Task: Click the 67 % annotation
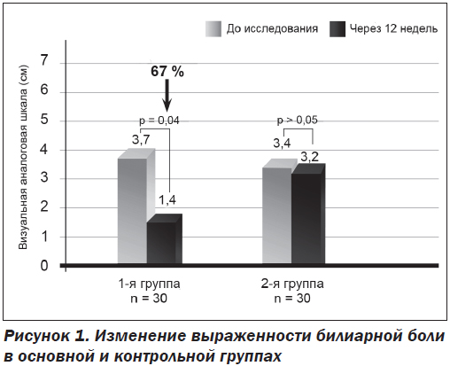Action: pyautogui.click(x=167, y=72)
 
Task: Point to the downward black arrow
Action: pyautogui.click(x=167, y=95)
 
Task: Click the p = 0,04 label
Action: pyautogui.click(x=159, y=121)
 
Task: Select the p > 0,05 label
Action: pyautogui.click(x=298, y=121)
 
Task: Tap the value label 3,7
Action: pyautogui.click(x=141, y=140)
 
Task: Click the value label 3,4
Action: pyautogui.click(x=282, y=144)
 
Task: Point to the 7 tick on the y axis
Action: pyautogui.click(x=44, y=61)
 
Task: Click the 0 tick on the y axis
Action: pyautogui.click(x=44, y=266)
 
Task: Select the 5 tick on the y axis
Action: pyautogui.click(x=44, y=120)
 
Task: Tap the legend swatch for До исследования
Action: pyautogui.click(x=213, y=29)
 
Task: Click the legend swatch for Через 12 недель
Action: pyautogui.click(x=337, y=29)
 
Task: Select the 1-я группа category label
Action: pyautogui.click(x=149, y=284)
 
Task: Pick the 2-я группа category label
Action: pyautogui.click(x=292, y=284)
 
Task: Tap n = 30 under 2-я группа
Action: pyautogui.click(x=292, y=299)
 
